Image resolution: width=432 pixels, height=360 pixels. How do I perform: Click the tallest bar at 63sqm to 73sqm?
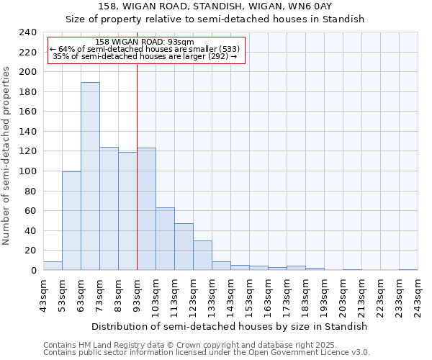tap(90, 176)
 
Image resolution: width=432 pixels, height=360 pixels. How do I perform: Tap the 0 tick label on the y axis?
tap(33, 270)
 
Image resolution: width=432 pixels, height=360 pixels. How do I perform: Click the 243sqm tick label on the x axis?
tap(418, 295)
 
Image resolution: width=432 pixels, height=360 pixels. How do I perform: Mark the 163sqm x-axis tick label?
tap(268, 295)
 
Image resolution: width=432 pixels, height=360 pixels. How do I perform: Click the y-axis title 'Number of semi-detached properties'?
tap(7, 156)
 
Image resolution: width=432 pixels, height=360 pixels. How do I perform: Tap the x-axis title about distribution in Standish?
tap(230, 326)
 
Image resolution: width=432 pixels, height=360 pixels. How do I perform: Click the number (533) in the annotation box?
tap(228, 49)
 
